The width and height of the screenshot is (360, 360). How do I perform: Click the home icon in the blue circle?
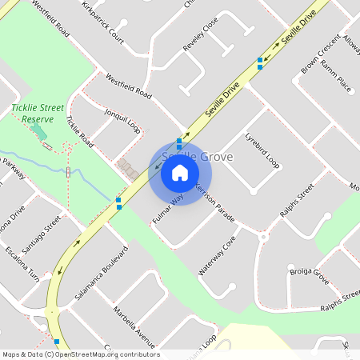coord(179,171)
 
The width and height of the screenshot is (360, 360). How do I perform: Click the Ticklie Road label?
coord(80,133)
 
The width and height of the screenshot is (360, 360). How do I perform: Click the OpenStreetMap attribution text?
coord(81,354)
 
